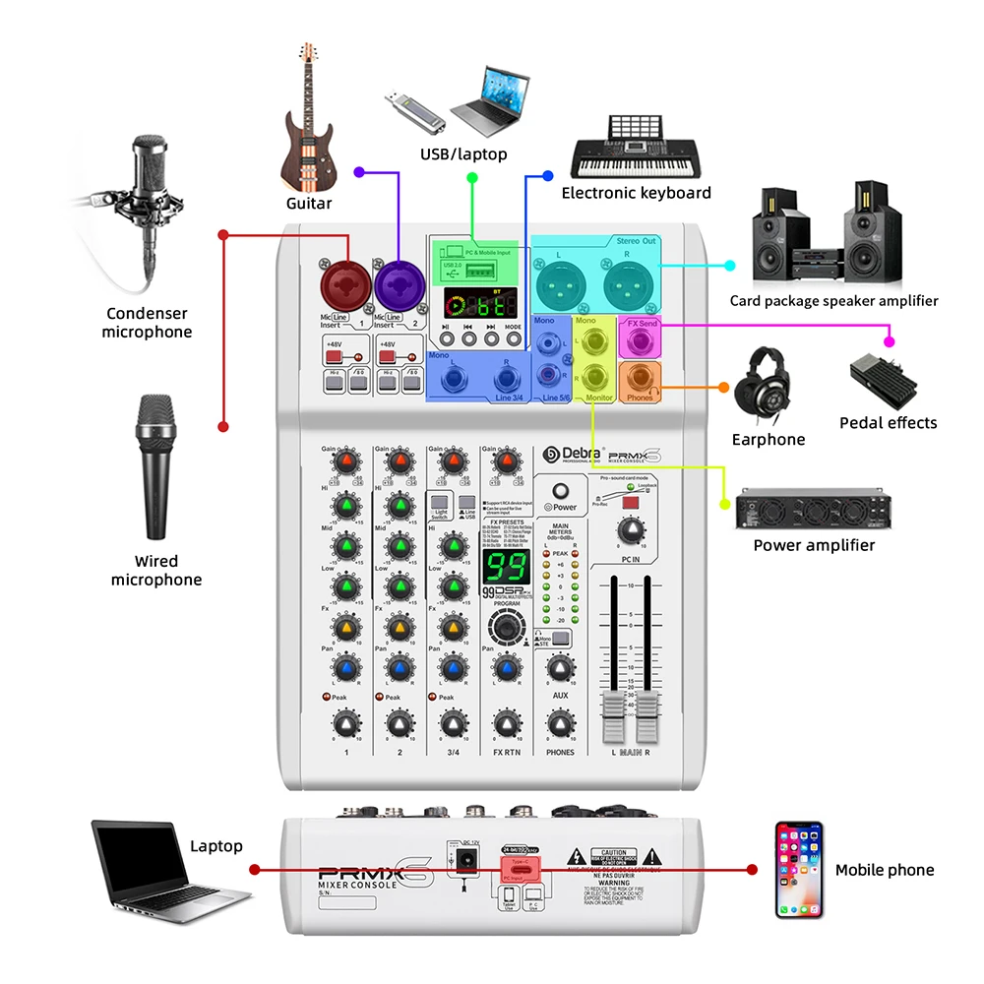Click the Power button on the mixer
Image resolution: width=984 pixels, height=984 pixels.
[x=561, y=490]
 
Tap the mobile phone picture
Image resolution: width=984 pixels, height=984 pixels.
[x=797, y=870]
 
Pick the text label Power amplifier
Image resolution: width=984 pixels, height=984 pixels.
[x=813, y=545]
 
